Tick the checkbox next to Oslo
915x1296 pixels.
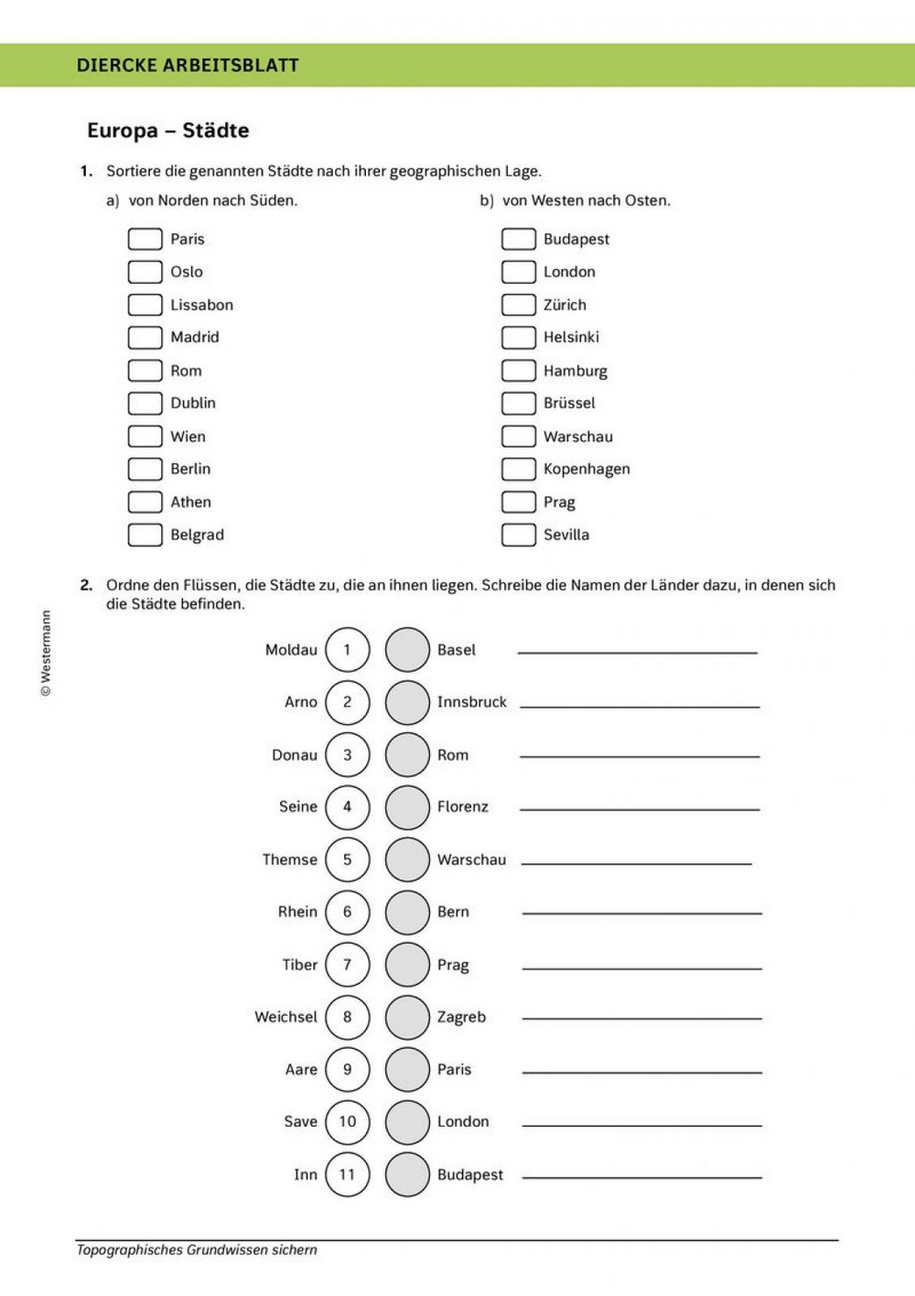145,272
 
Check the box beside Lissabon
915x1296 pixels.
145,305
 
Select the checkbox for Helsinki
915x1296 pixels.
518,338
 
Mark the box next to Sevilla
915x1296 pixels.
518,535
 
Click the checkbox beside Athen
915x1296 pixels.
145,502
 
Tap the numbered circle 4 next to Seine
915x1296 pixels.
347,807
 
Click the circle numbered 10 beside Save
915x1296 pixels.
347,1122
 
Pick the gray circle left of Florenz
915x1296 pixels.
407,807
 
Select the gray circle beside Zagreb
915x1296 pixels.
407,1017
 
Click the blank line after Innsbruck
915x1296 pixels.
640,705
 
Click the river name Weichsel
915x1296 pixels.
285,1017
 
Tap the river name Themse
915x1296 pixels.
289,859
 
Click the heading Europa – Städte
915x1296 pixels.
168,130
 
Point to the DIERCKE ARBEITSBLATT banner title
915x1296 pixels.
188,65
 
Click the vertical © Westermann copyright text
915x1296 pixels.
46,653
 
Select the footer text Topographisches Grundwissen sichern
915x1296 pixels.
197,1249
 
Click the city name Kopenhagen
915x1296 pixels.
587,469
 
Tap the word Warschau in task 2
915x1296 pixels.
471,859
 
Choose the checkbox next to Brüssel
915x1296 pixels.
518,404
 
